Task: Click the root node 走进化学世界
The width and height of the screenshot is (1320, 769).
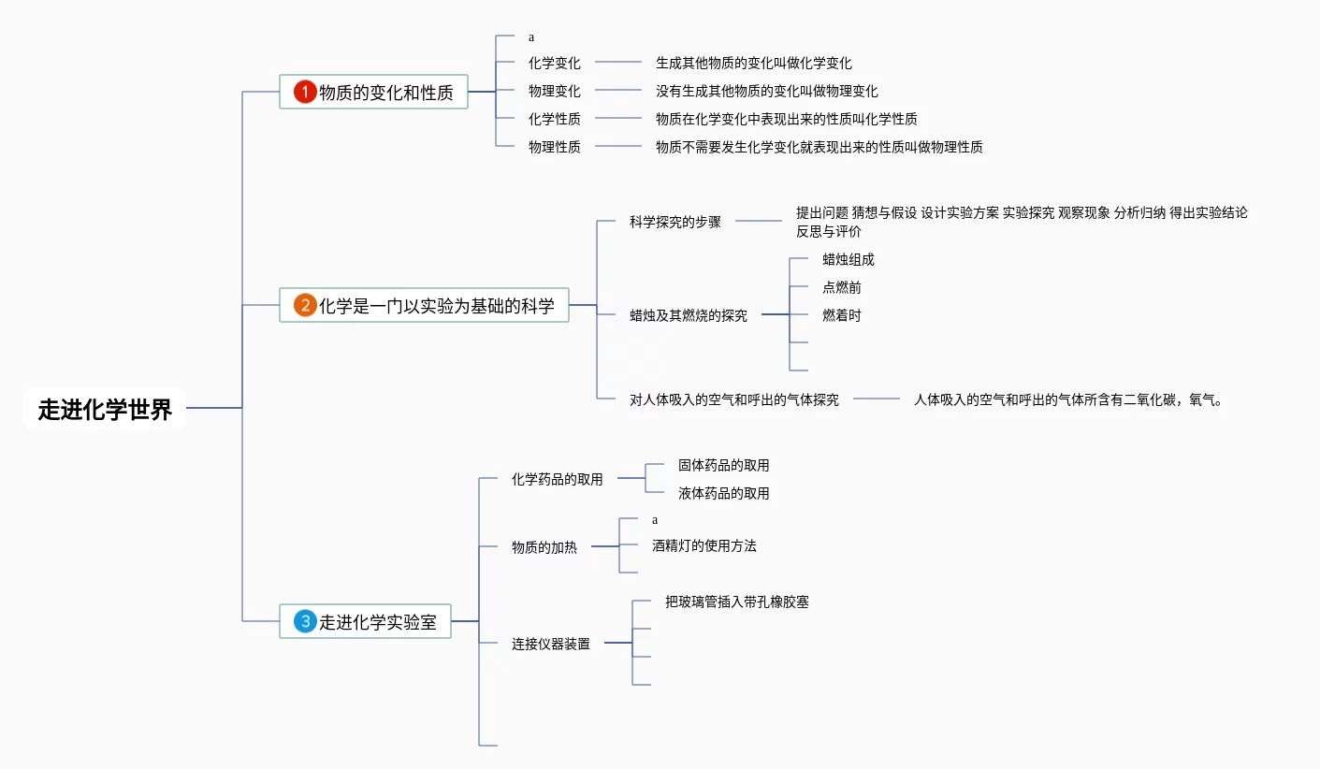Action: (105, 409)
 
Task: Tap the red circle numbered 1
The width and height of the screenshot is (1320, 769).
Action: (305, 92)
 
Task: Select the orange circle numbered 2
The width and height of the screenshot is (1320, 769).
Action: (305, 305)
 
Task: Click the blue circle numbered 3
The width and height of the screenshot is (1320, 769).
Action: (305, 621)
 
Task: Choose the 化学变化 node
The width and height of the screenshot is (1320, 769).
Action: (554, 63)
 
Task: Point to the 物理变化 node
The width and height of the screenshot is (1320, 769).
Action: (554, 91)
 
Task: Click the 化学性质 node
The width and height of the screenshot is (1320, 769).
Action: (554, 119)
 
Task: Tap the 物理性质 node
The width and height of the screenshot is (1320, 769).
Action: (554, 147)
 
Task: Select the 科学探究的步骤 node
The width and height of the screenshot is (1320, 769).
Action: (675, 222)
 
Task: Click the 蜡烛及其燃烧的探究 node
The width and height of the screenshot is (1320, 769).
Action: (688, 315)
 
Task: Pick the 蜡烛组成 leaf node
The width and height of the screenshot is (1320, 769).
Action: (848, 259)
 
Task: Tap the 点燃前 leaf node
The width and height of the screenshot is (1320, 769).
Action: (841, 287)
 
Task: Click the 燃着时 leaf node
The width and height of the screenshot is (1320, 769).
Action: (841, 315)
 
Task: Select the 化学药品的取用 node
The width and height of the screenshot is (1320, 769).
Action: (557, 479)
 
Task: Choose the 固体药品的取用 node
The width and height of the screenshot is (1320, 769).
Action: (723, 465)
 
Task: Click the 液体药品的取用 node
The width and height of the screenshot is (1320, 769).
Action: (723, 493)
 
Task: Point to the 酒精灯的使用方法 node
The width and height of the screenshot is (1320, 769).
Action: (704, 545)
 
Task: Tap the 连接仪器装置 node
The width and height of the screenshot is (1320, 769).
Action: (550, 644)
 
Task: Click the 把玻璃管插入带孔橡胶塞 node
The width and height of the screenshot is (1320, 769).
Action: (736, 602)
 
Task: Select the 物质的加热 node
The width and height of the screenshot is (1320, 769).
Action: (544, 547)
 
